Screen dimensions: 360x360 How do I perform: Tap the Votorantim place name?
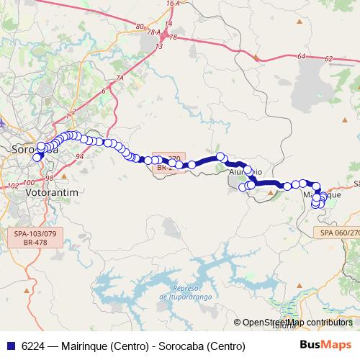tap(51, 194)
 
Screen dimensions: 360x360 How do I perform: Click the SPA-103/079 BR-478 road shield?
tap(35, 238)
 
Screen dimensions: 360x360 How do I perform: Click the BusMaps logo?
tap(325, 345)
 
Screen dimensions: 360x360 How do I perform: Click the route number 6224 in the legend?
tap(32, 346)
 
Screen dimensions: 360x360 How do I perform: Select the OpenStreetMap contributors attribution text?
tap(297, 322)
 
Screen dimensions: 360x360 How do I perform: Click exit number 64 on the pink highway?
tap(300, 55)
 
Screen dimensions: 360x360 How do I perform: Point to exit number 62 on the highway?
tap(329, 59)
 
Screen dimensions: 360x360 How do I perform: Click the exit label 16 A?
tap(171, 4)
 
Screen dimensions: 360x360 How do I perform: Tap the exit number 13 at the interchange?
tap(160, 46)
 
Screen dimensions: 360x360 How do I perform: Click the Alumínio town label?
tap(245, 173)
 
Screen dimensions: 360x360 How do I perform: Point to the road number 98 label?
tap(49, 178)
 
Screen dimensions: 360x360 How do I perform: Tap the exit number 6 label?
tap(104, 91)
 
